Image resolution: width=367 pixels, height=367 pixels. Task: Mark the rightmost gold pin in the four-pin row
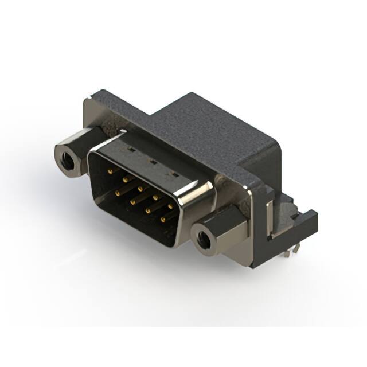pyautogui.click(x=163, y=219)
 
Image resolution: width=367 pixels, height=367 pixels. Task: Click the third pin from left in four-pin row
pyautogui.click(x=149, y=210)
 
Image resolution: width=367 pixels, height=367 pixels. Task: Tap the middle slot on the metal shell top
pyautogui.click(x=153, y=162)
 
